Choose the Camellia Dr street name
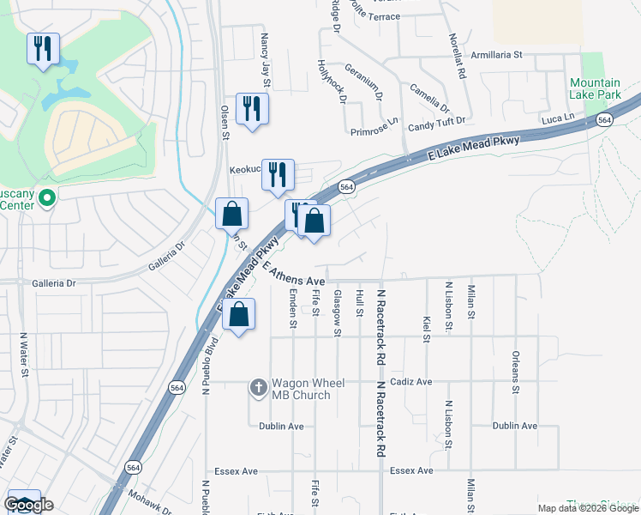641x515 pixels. tap(429, 98)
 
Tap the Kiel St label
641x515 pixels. tap(426, 327)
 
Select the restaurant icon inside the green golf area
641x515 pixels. tap(43, 48)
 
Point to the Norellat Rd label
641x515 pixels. tap(458, 57)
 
